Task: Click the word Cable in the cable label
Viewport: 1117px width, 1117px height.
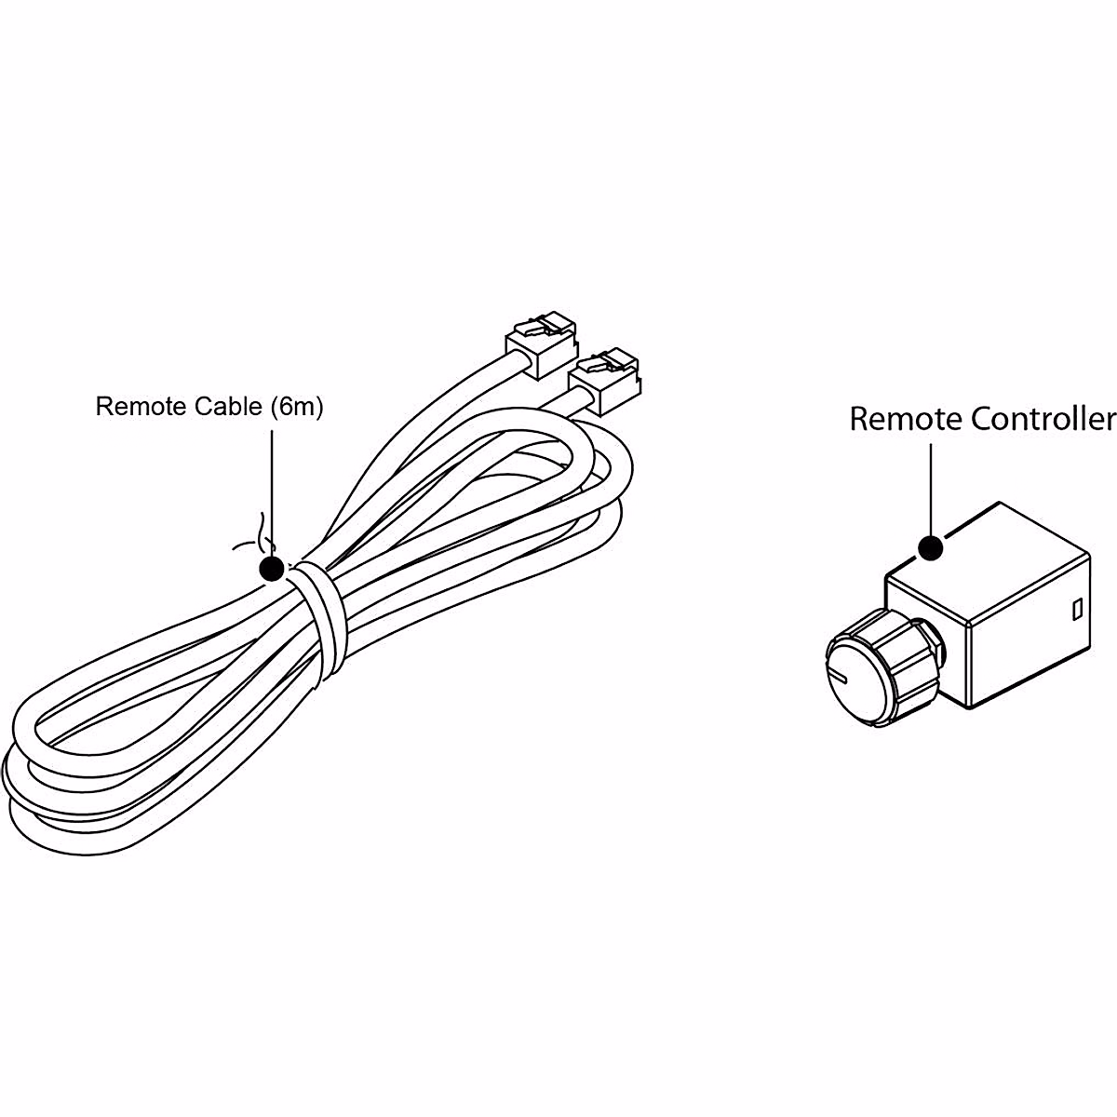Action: [x=228, y=408]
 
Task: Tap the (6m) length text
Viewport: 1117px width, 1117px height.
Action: [x=295, y=408]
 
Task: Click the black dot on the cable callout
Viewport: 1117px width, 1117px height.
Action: [x=272, y=569]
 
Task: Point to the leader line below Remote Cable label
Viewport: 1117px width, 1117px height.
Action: [x=272, y=484]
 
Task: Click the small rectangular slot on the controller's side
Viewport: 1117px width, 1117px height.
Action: [x=1075, y=610]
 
